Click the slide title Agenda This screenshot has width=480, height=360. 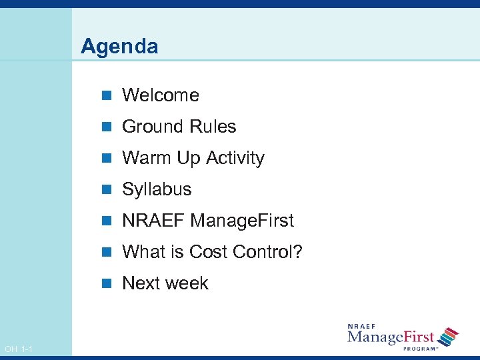(x=119, y=47)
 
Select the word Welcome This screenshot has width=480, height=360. (x=161, y=95)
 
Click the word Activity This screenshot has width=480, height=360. (x=235, y=158)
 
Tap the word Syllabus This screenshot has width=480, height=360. (x=157, y=190)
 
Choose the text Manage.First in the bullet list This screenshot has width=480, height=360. (x=242, y=221)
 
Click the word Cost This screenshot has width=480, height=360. (x=209, y=252)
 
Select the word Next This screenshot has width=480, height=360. (x=141, y=283)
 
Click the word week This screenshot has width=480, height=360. (x=187, y=283)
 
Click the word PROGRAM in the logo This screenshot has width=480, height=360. (x=420, y=348)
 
